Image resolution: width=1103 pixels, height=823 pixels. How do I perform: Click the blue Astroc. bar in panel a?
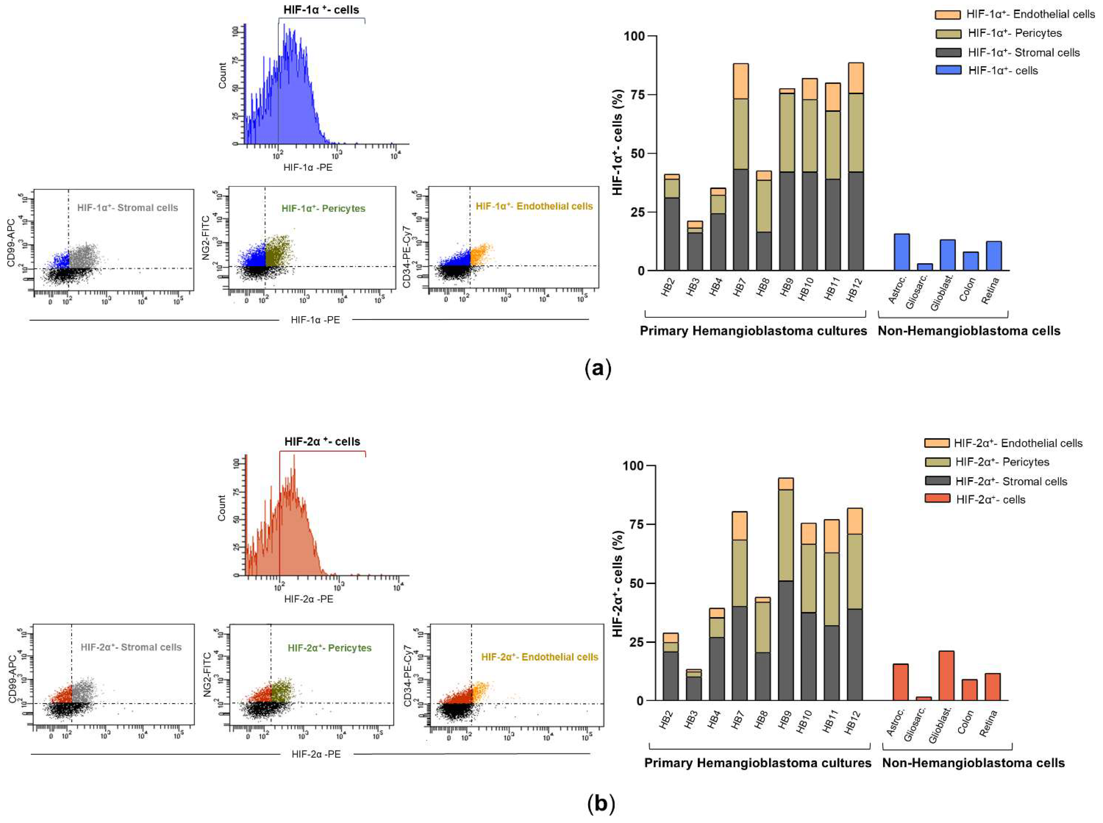click(901, 252)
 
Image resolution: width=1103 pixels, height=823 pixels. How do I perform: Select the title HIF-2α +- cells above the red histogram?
click(322, 441)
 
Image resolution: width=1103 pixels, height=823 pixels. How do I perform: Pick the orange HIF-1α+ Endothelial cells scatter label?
click(534, 206)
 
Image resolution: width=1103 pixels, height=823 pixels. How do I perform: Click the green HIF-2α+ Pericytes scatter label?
click(329, 648)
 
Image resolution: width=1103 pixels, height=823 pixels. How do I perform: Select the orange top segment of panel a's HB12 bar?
click(855, 78)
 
